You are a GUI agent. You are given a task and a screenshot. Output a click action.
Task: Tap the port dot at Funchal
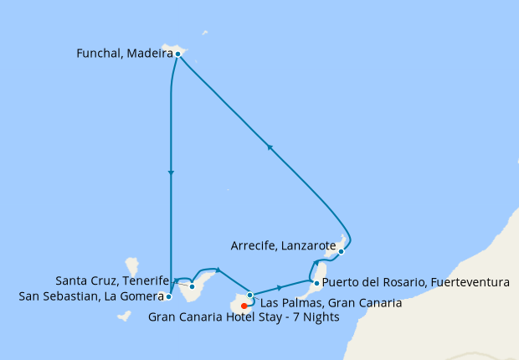point(178,54)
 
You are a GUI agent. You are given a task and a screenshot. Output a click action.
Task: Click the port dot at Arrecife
point(341,251)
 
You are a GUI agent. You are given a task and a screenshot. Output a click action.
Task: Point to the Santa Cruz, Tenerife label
point(111,280)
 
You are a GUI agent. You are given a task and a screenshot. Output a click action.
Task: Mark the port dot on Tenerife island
point(193,286)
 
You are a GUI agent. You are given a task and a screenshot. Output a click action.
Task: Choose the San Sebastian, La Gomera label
point(88,296)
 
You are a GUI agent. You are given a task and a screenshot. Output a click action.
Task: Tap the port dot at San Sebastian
point(169,296)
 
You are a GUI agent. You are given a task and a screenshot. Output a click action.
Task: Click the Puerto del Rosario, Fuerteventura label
point(415,283)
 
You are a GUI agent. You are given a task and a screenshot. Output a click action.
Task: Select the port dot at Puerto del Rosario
point(316,284)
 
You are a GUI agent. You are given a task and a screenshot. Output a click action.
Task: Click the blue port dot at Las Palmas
point(249,295)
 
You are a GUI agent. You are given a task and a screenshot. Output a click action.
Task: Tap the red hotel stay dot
point(244,306)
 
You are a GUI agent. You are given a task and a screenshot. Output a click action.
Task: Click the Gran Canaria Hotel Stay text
point(244,316)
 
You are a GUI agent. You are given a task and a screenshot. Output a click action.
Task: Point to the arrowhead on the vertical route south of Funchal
point(171,173)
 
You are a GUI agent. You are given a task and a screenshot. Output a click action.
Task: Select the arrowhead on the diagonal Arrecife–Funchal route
point(270,147)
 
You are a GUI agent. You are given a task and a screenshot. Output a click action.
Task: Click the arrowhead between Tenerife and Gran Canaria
point(218,269)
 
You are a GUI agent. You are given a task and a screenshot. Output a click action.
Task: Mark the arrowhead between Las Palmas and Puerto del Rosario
point(278,287)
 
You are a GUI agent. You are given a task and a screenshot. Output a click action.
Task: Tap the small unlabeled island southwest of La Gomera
point(124,316)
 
